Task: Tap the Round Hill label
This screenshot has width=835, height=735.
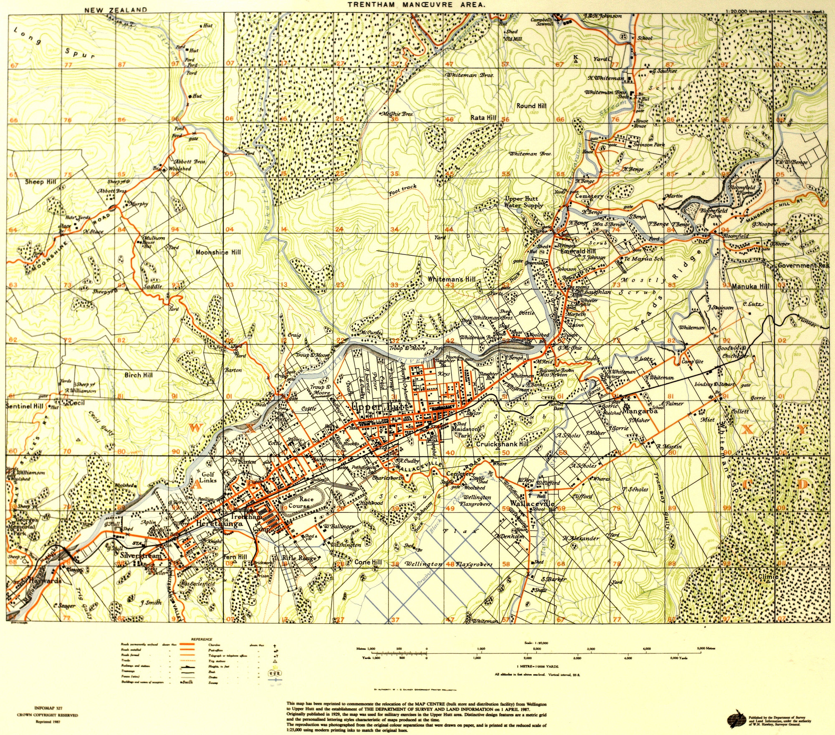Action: coord(531,106)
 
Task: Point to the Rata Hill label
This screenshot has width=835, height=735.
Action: coord(483,118)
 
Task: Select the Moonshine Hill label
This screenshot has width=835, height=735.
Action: coord(218,252)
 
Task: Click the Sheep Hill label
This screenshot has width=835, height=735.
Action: coord(40,182)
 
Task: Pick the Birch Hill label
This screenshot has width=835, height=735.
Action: coord(139,375)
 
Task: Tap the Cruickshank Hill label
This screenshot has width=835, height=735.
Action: coord(502,444)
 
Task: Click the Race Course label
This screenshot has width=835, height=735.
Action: coord(302,502)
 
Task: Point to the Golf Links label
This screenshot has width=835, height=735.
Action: coord(208,477)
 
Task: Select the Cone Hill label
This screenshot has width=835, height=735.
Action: coord(368,562)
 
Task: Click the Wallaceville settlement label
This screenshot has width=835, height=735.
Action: coord(532,503)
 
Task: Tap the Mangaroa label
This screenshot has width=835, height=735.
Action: coord(640,411)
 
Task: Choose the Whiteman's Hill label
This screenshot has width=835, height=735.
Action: coord(451,279)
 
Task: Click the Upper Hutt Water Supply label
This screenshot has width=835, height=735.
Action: coord(524,202)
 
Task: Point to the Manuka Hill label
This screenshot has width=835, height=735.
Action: coord(750,287)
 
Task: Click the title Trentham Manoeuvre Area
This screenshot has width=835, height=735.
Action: coord(416,5)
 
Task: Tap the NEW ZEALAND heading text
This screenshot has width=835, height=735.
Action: coord(116,10)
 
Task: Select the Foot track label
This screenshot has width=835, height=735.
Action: coord(402,190)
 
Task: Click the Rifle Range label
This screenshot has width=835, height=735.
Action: coord(299,558)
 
